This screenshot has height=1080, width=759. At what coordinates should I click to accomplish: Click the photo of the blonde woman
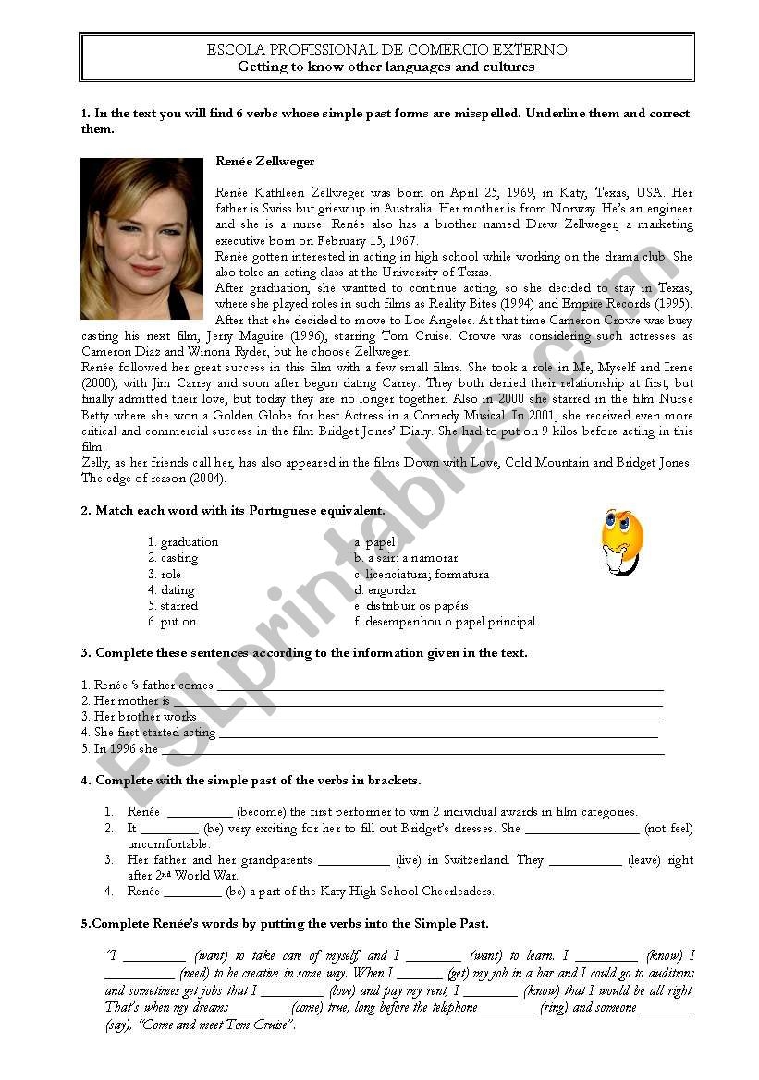141,238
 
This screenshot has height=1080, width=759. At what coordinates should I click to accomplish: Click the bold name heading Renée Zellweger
264,162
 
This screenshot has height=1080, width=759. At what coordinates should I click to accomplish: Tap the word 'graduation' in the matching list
189,542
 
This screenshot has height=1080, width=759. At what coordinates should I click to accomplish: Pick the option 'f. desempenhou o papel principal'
445,622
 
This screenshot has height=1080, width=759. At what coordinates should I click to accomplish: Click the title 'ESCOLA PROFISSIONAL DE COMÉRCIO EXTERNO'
386,50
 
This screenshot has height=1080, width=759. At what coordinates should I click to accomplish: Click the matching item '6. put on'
172,622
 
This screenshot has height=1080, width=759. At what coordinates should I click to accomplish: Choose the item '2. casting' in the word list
173,558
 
